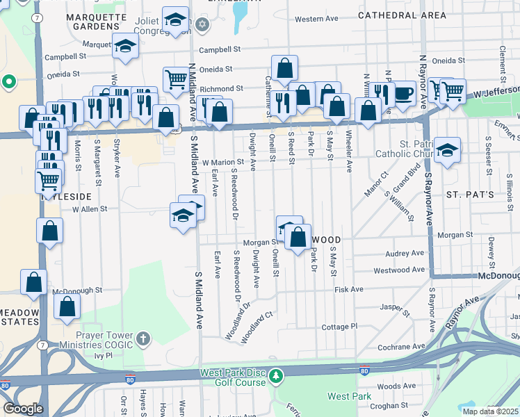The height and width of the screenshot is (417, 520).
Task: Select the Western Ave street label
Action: coord(316,19)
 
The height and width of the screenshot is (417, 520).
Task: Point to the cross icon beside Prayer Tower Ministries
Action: coord(143,339)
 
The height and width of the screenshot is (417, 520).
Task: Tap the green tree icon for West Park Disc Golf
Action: coord(277,377)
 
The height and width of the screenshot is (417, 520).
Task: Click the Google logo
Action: coord(23,409)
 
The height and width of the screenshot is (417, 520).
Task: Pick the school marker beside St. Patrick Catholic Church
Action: coord(447,149)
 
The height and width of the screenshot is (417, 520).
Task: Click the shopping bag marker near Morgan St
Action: coord(298,238)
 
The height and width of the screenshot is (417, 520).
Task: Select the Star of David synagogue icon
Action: coord(203,25)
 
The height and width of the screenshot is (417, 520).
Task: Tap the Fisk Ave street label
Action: coord(349,289)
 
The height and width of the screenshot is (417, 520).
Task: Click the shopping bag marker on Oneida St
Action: coord(284,69)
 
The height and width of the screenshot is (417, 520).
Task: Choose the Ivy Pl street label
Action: coord(104,355)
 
